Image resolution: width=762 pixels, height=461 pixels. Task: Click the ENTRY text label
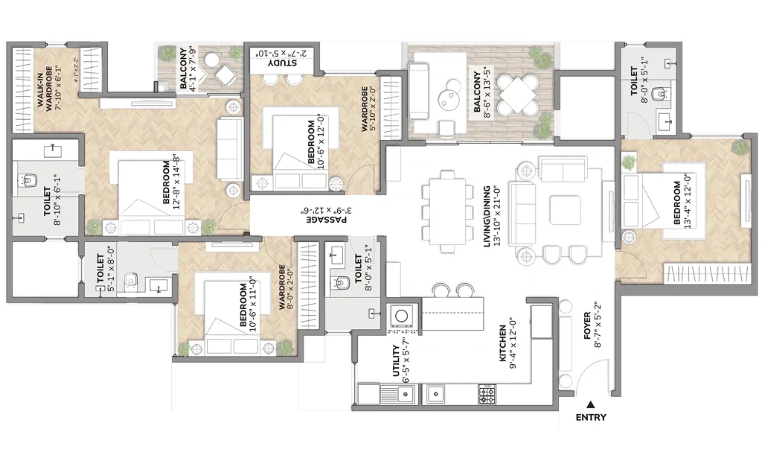click(x=591, y=418)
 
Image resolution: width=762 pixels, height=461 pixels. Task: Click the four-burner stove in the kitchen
click(x=487, y=394)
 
